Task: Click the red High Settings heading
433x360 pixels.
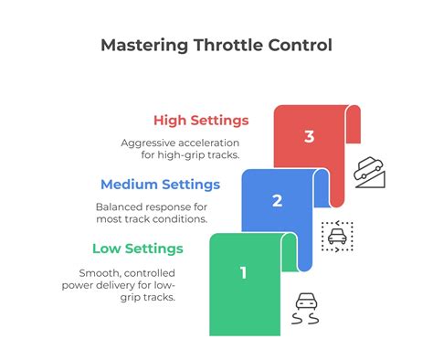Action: tap(200, 120)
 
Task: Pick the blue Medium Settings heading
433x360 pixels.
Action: tap(160, 184)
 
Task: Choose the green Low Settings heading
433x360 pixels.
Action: tap(138, 248)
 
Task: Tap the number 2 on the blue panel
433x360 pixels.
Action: tap(276, 202)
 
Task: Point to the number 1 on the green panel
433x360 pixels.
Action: tap(244, 271)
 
